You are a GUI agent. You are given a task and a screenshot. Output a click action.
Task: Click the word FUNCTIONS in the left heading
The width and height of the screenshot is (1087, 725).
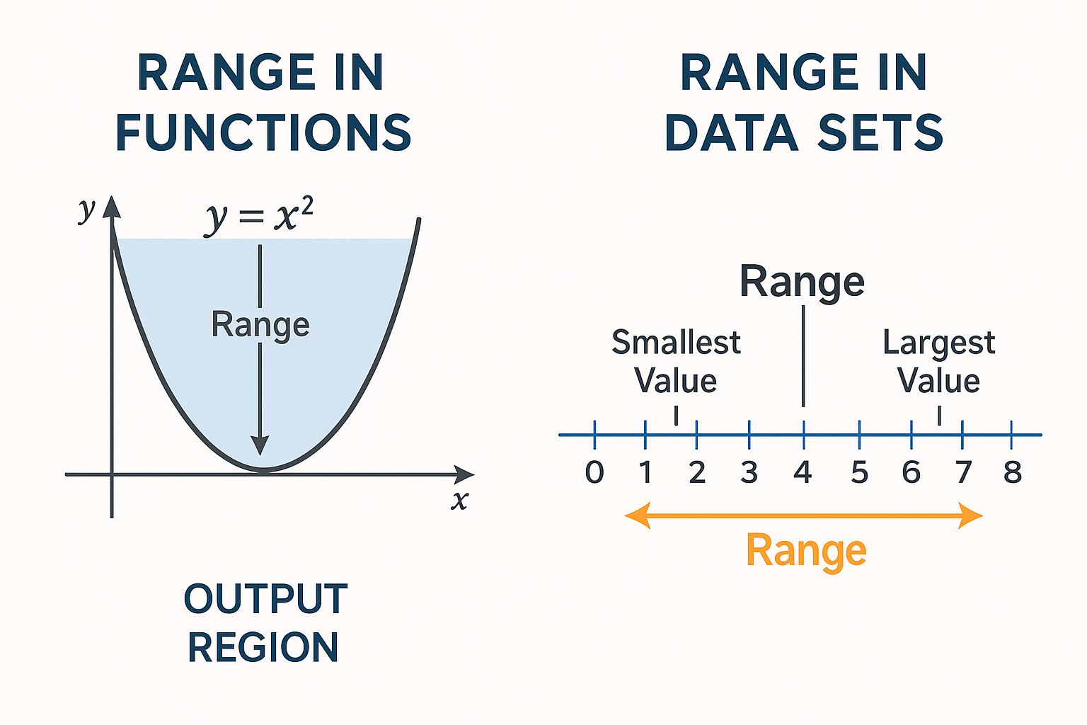(263, 133)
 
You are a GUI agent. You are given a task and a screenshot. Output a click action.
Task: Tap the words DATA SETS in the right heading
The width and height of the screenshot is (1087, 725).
(804, 133)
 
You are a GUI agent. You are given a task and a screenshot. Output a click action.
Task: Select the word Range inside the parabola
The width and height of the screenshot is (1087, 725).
(260, 325)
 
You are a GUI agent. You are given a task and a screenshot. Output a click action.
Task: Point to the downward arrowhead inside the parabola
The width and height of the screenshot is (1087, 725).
(260, 445)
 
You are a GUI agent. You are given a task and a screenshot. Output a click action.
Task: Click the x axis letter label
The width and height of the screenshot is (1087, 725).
(460, 501)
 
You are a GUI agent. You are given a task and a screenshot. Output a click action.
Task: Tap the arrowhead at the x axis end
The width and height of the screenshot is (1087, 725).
(465, 474)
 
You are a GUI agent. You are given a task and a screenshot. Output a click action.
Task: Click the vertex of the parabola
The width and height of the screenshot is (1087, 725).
(262, 470)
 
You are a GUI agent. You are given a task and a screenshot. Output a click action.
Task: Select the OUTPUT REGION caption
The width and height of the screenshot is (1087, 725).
(265, 623)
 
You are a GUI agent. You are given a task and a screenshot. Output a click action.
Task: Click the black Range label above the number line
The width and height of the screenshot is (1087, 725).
(802, 282)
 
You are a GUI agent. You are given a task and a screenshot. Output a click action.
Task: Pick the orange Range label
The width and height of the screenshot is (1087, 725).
(806, 551)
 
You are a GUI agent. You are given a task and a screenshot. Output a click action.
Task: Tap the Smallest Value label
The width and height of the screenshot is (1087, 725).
(676, 362)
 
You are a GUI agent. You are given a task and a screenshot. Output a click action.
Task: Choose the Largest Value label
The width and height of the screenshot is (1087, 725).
(938, 362)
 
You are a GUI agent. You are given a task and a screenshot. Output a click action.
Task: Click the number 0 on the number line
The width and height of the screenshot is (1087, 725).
(594, 472)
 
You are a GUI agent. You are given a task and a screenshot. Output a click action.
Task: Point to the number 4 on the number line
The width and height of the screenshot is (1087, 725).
(803, 472)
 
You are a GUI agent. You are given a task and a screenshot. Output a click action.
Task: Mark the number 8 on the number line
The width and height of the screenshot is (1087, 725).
(1013, 472)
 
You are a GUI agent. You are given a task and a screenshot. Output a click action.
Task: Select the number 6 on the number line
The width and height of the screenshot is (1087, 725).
(911, 472)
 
